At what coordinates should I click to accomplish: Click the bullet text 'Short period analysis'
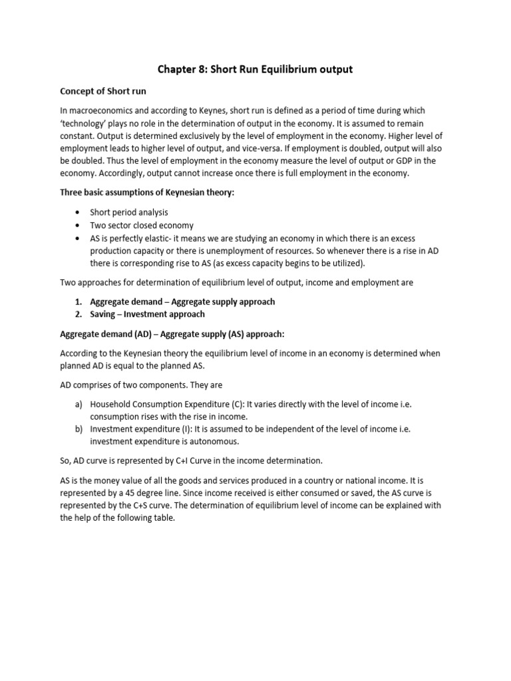[129, 212]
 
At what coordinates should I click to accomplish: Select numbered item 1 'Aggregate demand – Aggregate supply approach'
[182, 301]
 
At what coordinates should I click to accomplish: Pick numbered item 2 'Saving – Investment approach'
[147, 314]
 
